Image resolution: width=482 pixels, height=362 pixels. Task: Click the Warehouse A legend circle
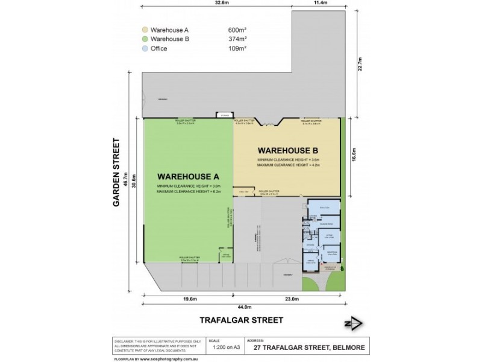click(145, 30)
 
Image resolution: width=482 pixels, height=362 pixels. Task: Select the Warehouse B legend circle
click(145, 39)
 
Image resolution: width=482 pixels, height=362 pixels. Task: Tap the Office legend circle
click(145, 49)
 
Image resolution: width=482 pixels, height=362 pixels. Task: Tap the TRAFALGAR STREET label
click(241, 320)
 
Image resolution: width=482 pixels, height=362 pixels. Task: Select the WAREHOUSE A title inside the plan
click(187, 176)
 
